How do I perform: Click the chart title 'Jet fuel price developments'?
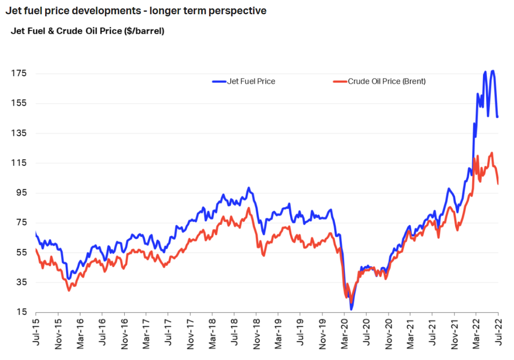[x=136, y=10]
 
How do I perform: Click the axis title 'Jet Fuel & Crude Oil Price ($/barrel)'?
[x=87, y=31]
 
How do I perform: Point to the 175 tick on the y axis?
[x=20, y=73]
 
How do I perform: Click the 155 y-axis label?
[x=20, y=103]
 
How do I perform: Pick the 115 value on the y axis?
[x=20, y=163]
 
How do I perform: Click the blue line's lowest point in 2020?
[x=351, y=309]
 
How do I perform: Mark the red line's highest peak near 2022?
[x=491, y=153]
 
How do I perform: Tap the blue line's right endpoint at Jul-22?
[x=498, y=117]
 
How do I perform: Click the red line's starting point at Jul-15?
[x=36, y=249]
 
